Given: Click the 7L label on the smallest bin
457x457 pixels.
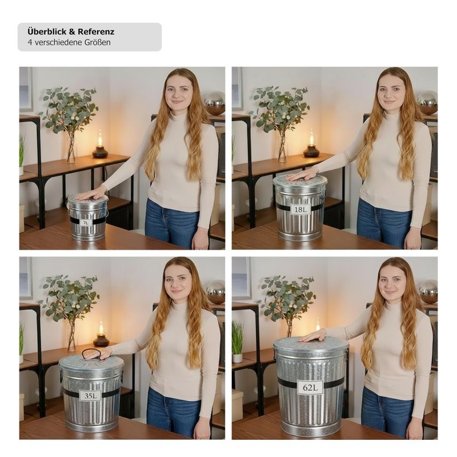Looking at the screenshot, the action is (x=86, y=223).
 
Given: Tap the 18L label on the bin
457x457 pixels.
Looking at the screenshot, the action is (x=300, y=209).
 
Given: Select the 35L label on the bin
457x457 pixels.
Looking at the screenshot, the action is (x=91, y=395).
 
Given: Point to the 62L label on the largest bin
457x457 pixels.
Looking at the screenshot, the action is (x=310, y=387).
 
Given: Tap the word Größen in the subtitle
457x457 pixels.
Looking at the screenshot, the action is (x=98, y=42).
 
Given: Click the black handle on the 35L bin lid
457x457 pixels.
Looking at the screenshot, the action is (x=91, y=354).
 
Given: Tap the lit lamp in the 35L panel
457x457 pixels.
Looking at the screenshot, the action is (x=101, y=334).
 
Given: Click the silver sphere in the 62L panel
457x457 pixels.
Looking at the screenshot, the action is (x=428, y=291).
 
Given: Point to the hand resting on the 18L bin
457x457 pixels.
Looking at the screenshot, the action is (x=302, y=175).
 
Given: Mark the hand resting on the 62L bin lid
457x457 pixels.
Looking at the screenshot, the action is (x=313, y=336).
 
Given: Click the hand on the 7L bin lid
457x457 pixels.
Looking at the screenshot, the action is (x=91, y=194).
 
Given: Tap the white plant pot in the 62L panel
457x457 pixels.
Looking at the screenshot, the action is (x=237, y=358).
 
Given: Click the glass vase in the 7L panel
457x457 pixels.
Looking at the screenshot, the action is (x=71, y=147).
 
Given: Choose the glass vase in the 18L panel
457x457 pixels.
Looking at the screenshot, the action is (x=282, y=147).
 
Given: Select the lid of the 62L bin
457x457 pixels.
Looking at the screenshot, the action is (x=311, y=344).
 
